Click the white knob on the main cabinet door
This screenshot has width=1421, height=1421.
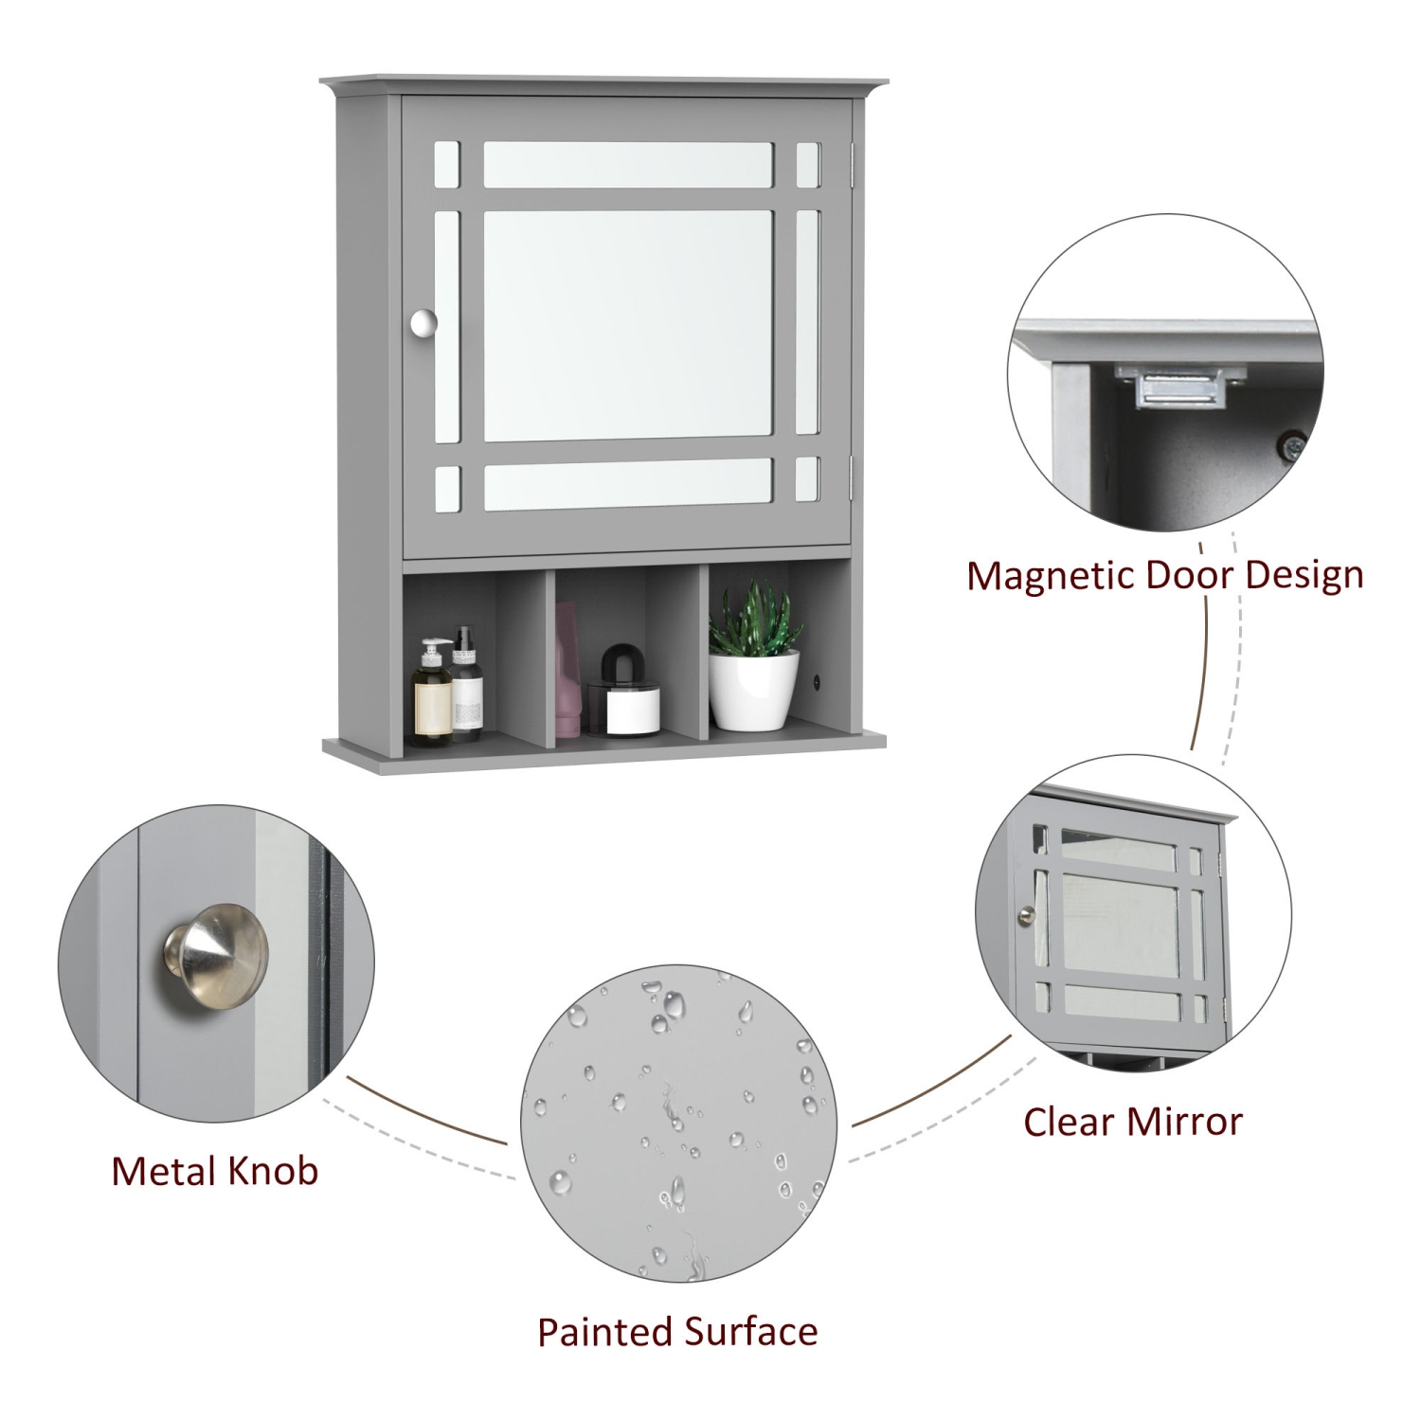pos(423,323)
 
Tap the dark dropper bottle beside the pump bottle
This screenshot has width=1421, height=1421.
pos(465,687)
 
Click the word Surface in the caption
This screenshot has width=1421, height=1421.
pos(750,1332)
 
